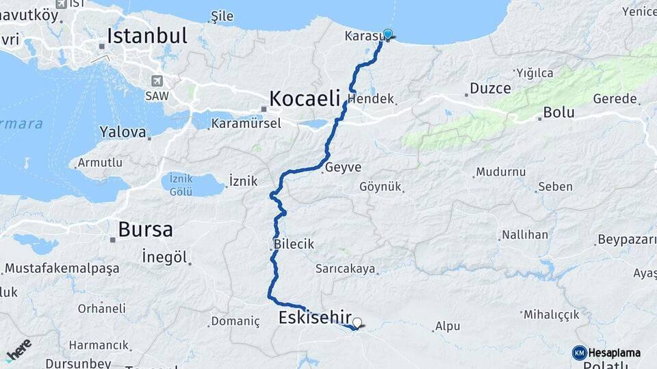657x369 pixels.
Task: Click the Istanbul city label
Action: click(146, 36)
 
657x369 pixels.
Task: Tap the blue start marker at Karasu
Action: click(388, 34)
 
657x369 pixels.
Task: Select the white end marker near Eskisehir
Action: click(357, 322)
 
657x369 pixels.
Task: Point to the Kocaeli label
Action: click(305, 99)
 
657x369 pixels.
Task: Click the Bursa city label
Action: click(145, 230)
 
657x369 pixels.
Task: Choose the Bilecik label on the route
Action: click(294, 244)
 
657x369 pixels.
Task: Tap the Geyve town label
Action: click(344, 167)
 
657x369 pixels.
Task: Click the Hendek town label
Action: click(371, 99)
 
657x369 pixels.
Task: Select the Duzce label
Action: click(490, 89)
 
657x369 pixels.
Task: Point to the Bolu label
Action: click(558, 112)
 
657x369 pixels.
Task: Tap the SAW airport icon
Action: click(157, 81)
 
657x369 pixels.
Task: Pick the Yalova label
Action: click(123, 132)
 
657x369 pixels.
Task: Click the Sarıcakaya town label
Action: click(346, 269)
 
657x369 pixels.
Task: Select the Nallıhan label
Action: click(525, 235)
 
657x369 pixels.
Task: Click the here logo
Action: click(19, 348)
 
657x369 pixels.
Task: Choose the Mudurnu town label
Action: click(501, 172)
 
